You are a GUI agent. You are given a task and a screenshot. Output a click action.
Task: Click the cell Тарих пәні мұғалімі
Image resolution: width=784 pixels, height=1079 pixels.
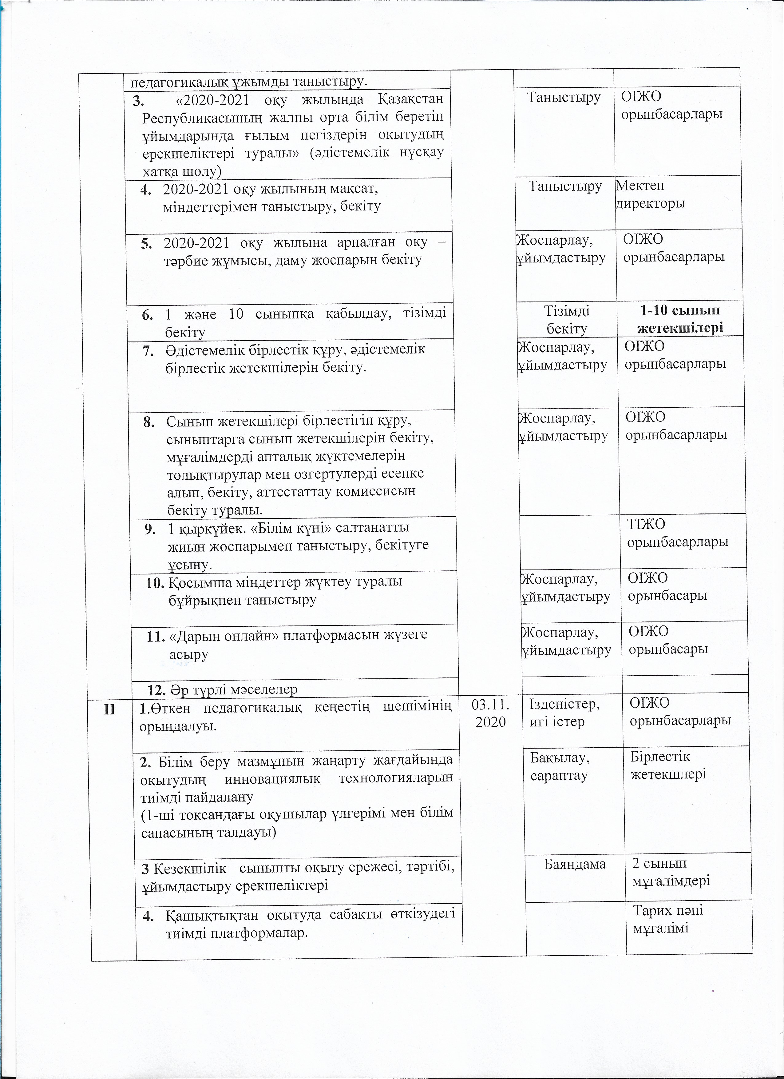668,918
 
